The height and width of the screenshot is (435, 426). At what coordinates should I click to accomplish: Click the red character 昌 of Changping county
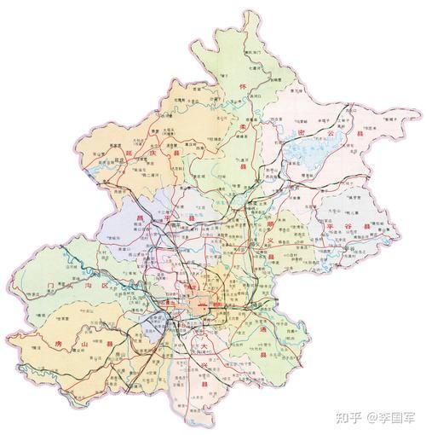pos(138,219)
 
